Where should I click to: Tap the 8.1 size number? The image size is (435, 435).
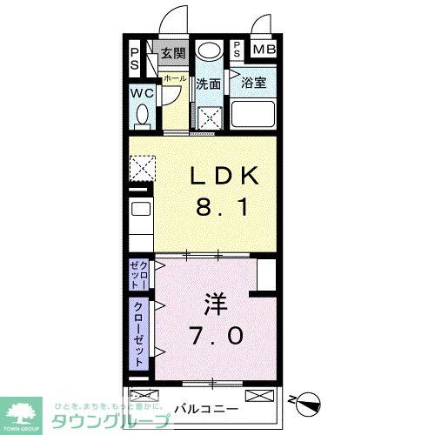point(224,209)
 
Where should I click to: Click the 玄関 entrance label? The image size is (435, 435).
point(173,53)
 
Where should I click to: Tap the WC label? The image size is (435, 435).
point(143,93)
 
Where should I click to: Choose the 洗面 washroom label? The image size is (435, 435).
point(208,84)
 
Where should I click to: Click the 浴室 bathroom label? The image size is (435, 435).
point(253,84)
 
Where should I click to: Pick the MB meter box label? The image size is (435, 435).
point(264,50)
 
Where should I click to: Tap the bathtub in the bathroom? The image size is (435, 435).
point(252,114)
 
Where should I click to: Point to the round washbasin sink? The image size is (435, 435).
point(209,51)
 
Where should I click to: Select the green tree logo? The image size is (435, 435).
point(26,411)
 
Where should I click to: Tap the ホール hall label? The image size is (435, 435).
point(173,77)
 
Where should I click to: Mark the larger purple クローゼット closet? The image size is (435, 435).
point(138,331)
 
